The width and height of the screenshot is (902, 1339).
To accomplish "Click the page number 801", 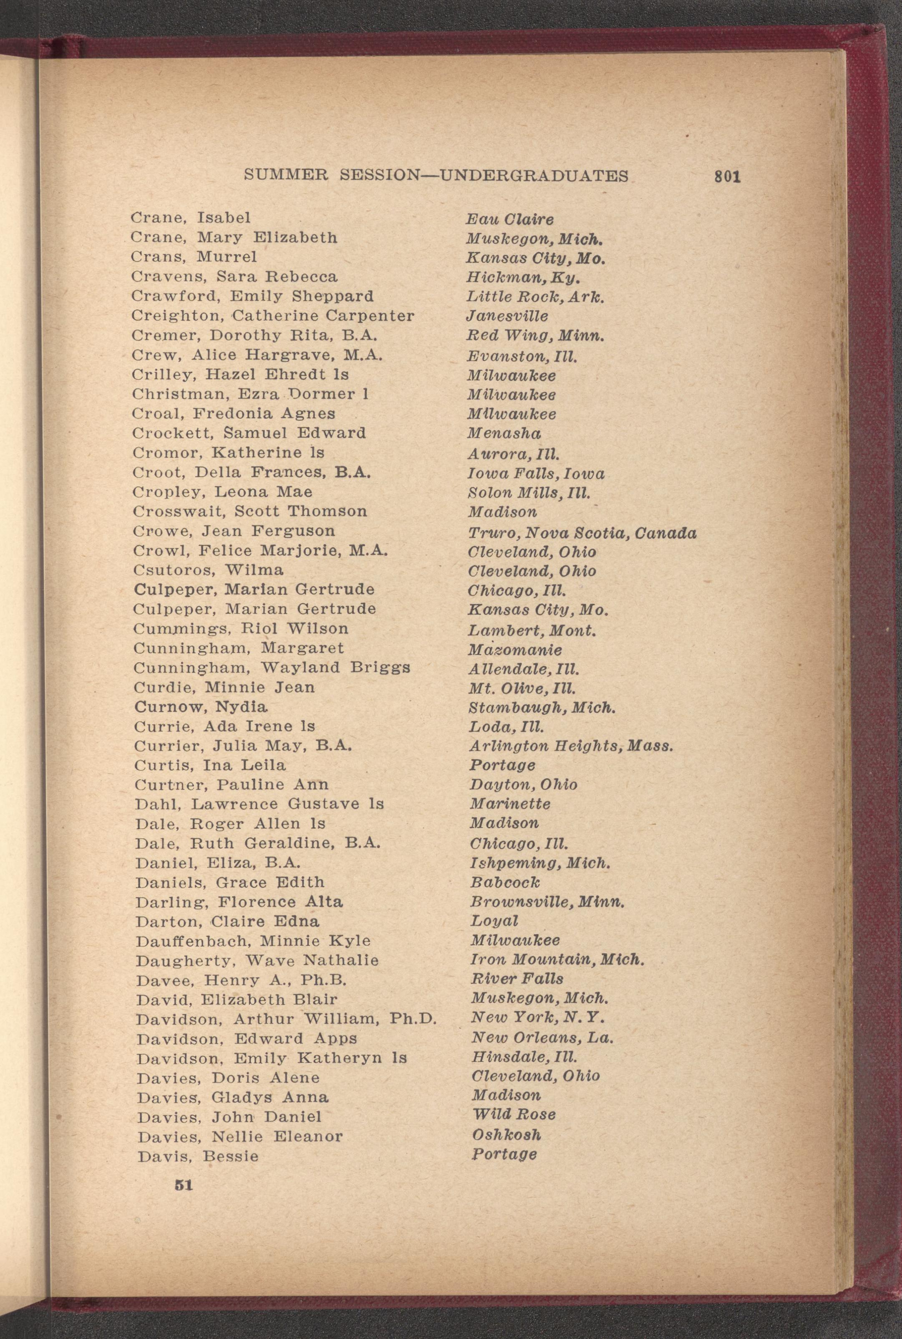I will click(x=727, y=177).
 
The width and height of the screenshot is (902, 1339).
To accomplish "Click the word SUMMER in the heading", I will click(x=286, y=175).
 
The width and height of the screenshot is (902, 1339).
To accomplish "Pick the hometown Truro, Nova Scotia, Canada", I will click(x=582, y=533).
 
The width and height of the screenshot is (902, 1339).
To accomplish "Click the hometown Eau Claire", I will click(x=510, y=219).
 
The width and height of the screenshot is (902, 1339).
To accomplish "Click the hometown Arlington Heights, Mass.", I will click(x=571, y=747).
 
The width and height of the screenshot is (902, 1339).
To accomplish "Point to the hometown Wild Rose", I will click(x=514, y=1114).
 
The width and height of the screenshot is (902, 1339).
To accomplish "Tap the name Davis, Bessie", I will click(x=197, y=1156).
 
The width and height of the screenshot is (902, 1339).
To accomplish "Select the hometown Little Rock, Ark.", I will click(x=535, y=297).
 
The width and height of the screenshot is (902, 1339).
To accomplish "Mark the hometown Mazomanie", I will click(x=515, y=650).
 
